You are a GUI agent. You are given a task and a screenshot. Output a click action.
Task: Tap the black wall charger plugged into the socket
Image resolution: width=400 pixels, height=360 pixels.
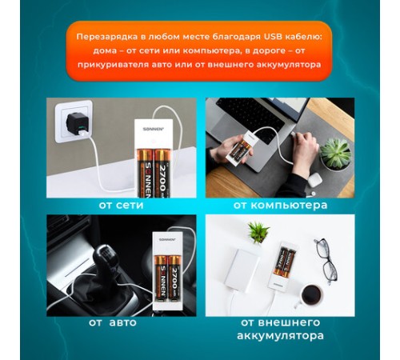77,123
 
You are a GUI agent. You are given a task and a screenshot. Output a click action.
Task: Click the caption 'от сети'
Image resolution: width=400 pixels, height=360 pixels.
122,205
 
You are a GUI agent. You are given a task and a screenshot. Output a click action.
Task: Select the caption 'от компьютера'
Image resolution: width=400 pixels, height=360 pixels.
280,205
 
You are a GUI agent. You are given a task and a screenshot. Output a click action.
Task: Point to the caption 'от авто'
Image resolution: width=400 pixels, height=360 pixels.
113,322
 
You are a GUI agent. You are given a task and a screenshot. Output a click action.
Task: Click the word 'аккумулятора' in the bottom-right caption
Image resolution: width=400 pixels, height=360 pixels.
280,335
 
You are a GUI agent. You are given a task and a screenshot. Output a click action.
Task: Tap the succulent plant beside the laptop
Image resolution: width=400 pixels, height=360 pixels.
335,154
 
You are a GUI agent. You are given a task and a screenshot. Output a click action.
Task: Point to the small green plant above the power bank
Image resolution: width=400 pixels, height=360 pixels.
258,232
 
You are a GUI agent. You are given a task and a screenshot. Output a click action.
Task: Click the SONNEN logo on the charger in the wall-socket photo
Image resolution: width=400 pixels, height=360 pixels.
150,129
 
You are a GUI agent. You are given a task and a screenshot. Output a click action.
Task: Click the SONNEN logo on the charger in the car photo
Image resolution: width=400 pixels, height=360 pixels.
167,239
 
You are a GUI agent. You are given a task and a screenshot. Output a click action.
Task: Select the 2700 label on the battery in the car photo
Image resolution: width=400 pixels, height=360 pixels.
174,278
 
